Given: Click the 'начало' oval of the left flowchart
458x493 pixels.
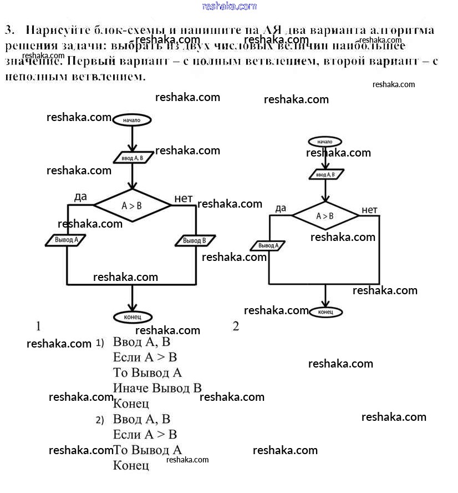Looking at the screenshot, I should (x=132, y=119).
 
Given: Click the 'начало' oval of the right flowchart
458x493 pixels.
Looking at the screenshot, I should (x=325, y=142).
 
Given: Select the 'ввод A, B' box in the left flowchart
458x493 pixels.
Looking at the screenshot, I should (x=132, y=158).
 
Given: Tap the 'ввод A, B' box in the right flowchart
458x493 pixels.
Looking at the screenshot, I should (x=325, y=175).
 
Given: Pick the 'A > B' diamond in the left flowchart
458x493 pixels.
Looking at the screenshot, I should (x=132, y=205).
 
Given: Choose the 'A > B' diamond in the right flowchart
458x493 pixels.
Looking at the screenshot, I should (x=325, y=216).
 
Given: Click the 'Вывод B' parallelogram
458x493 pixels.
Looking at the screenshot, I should (x=195, y=241).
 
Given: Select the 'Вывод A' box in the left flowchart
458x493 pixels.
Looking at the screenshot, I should (x=67, y=240).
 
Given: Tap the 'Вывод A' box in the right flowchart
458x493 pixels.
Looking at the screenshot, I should (x=269, y=245).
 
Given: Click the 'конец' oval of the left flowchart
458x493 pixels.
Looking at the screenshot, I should (x=132, y=317).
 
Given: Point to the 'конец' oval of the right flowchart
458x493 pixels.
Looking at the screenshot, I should (x=325, y=312).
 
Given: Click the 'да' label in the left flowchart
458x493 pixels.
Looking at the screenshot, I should (x=80, y=197).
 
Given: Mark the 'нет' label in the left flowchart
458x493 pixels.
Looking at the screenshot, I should (x=183, y=199).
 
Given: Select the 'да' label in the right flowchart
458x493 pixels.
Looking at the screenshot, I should (x=281, y=208).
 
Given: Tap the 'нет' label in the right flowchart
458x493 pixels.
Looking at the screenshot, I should (x=369, y=209).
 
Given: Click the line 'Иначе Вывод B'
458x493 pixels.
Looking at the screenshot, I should (x=157, y=388).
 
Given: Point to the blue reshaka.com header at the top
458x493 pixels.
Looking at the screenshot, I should (x=229, y=6).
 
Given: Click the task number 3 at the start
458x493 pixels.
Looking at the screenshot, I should (x=8, y=29).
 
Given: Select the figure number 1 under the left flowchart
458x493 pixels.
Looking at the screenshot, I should (x=38, y=325).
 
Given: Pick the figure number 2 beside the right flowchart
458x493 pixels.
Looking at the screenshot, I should (x=236, y=326).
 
